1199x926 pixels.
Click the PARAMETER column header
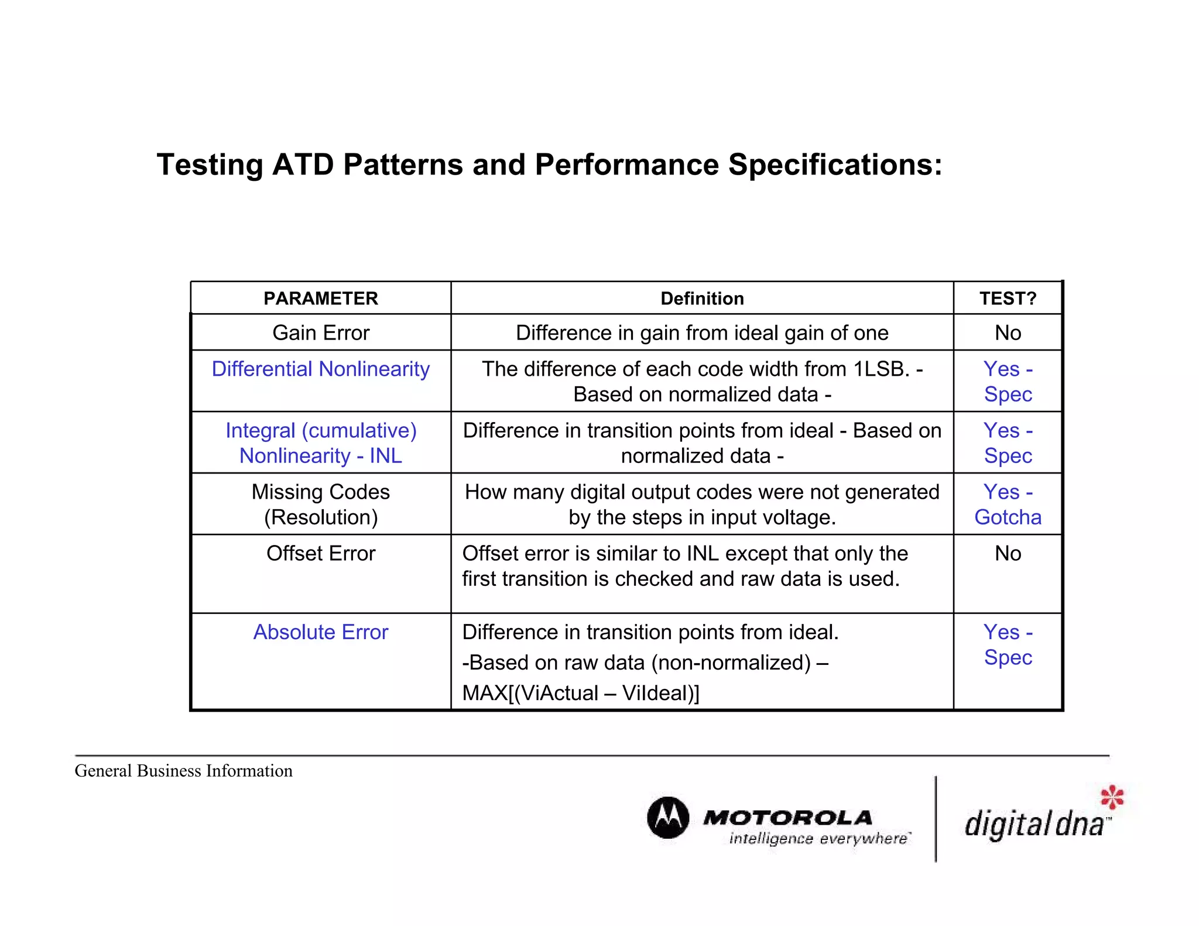click(320, 299)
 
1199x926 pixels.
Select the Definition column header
click(702, 299)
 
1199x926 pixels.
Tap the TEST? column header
click(1008, 299)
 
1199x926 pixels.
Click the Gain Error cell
click(321, 332)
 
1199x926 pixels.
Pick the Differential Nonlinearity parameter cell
click(321, 369)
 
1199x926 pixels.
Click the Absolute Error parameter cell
click(321, 632)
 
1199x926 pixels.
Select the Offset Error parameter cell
click(321, 553)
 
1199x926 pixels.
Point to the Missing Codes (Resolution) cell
click(321, 504)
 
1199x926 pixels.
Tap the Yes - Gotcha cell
click(1008, 504)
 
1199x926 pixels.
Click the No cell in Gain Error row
click(1008, 332)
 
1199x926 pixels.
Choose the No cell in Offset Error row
click(1008, 553)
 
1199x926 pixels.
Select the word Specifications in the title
click(834, 165)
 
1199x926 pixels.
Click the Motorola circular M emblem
click(668, 817)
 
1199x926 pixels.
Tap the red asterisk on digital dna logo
click(1112, 797)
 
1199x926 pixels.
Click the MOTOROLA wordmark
click(788, 817)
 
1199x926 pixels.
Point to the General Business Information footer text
click(183, 771)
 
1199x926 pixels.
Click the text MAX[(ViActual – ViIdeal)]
click(580, 693)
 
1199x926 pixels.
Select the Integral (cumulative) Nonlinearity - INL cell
click(321, 443)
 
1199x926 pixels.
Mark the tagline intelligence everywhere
click(819, 839)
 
